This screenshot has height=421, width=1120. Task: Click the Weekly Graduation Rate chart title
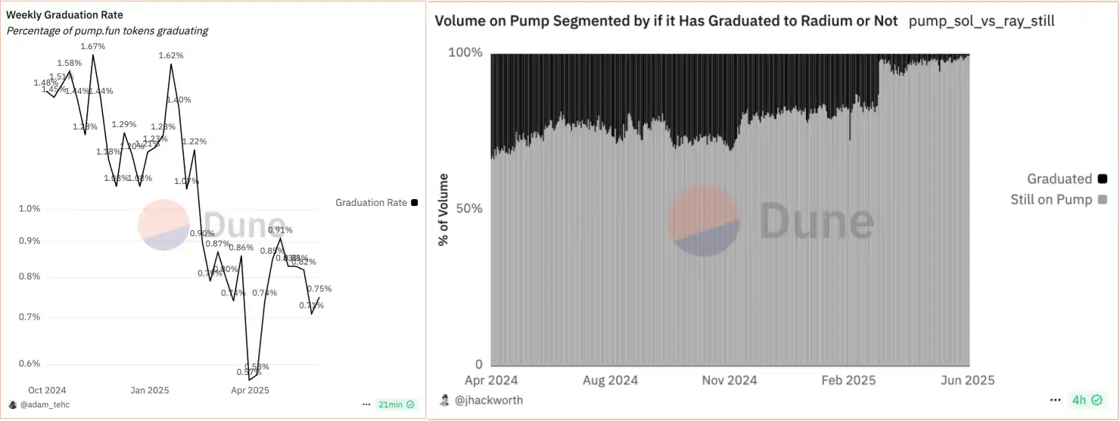pos(64,15)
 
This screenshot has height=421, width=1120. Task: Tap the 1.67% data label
pos(92,47)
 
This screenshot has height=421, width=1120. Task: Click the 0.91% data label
pos(280,230)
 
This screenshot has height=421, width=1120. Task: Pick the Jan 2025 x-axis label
pos(149,391)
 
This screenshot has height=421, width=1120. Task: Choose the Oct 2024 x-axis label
pos(47,391)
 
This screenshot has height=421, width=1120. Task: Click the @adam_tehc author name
pos(45,405)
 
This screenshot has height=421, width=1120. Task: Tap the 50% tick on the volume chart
pos(467,208)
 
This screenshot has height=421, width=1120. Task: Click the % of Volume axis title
pos(443,210)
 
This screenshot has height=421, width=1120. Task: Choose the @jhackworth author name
pos(488,400)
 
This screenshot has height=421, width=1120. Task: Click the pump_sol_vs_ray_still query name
pos(982,21)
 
